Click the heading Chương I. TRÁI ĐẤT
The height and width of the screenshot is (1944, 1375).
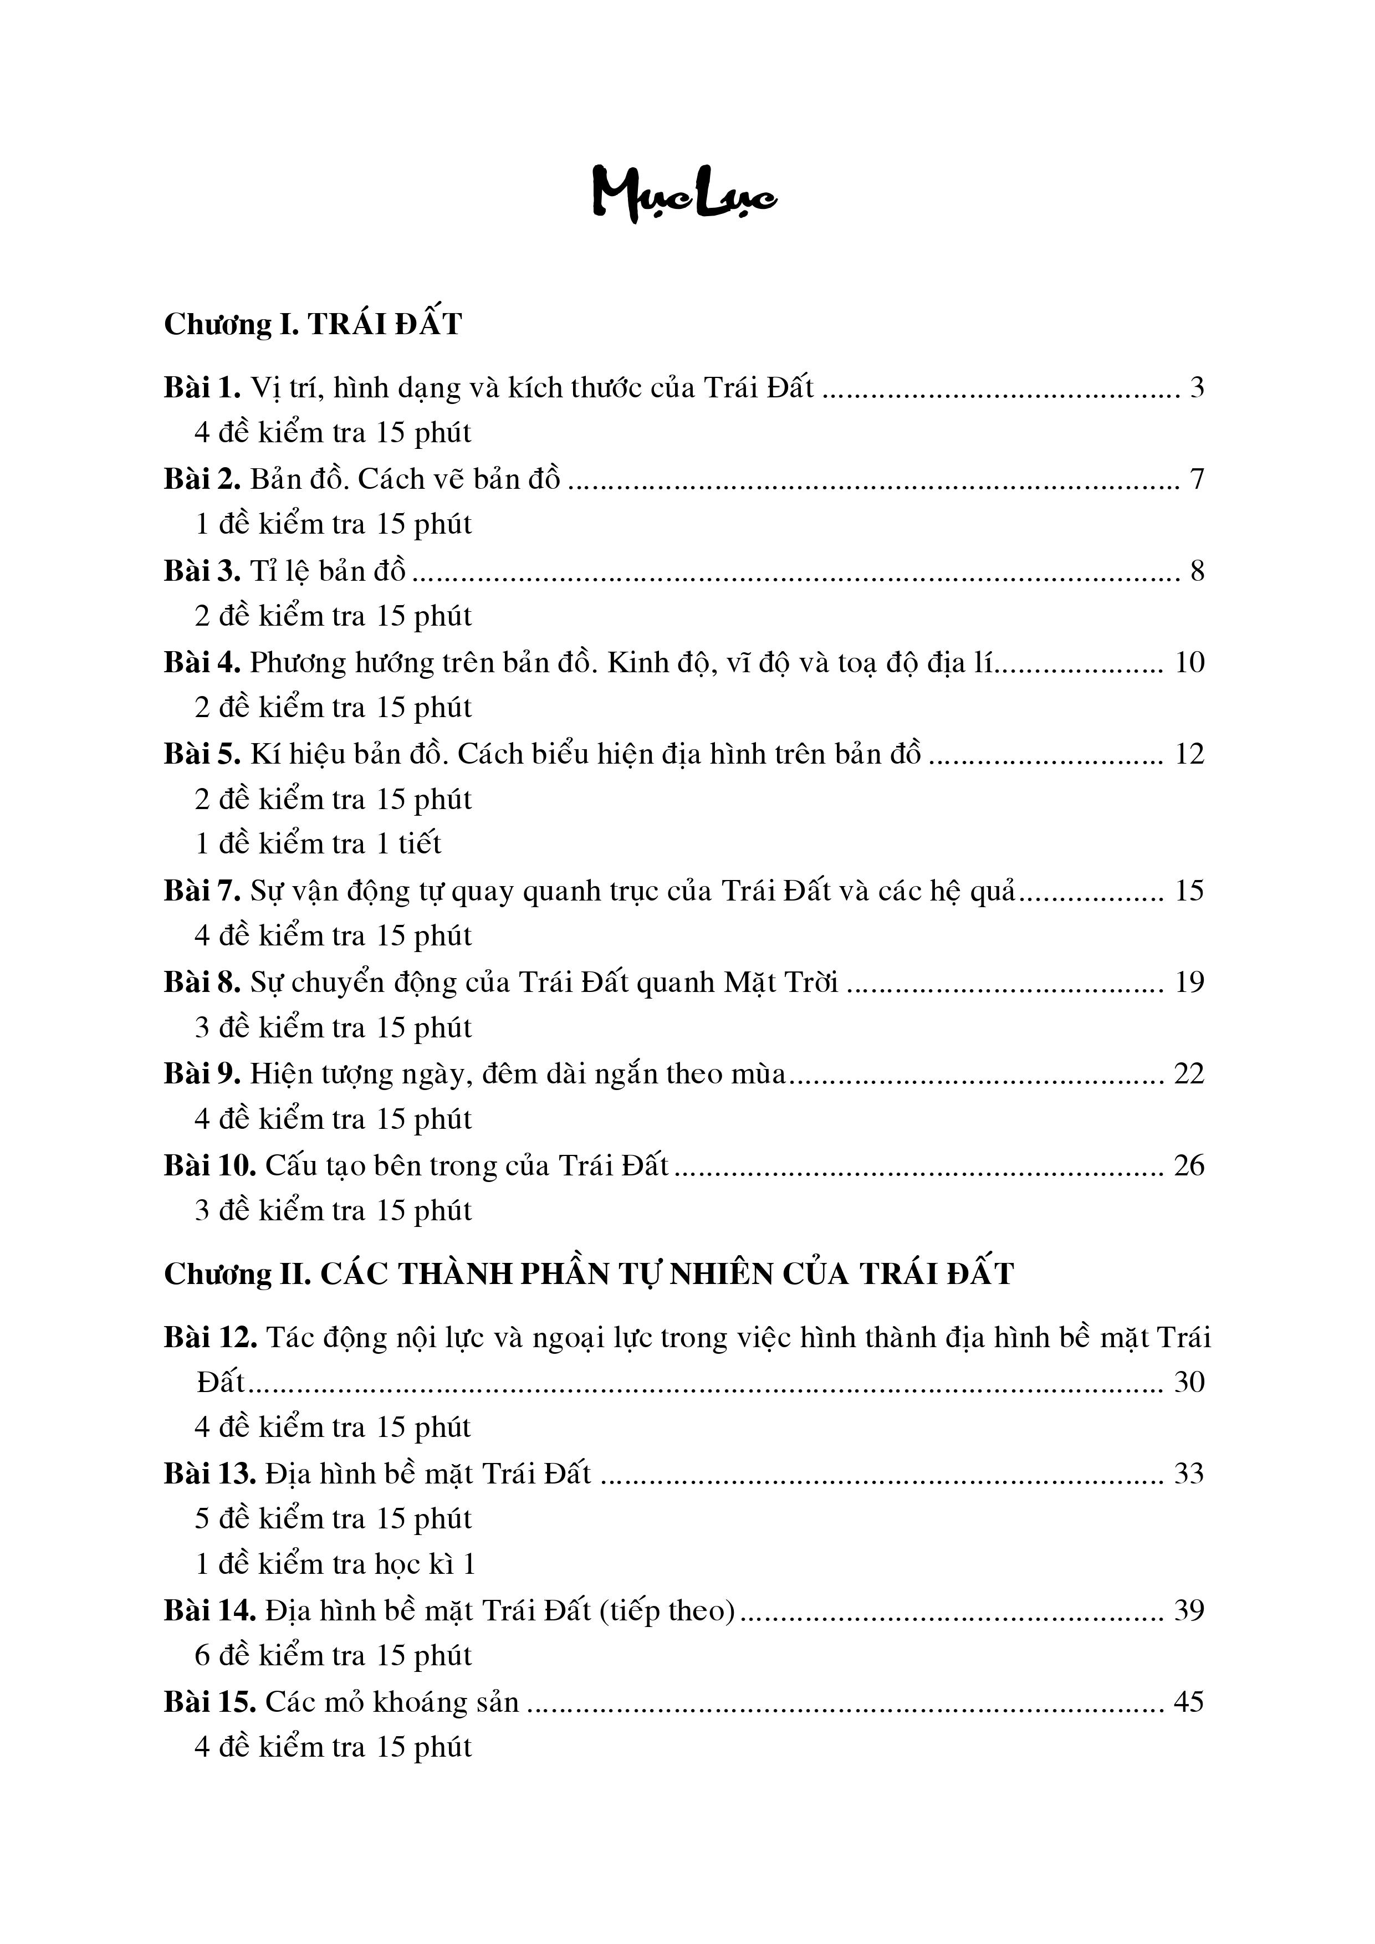313,324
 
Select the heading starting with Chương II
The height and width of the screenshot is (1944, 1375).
589,1274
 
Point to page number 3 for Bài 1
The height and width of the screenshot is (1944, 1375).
1197,388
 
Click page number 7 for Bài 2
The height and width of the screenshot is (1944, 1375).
1197,479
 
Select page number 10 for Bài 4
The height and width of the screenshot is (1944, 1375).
1189,662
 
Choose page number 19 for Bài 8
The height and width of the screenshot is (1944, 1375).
1189,982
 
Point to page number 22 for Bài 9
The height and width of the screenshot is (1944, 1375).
1189,1073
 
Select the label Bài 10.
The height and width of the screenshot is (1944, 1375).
210,1166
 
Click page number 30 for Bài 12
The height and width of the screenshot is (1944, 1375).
1189,1382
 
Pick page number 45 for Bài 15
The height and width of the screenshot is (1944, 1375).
1189,1702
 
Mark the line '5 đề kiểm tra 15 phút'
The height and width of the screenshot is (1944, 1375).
333,1518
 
